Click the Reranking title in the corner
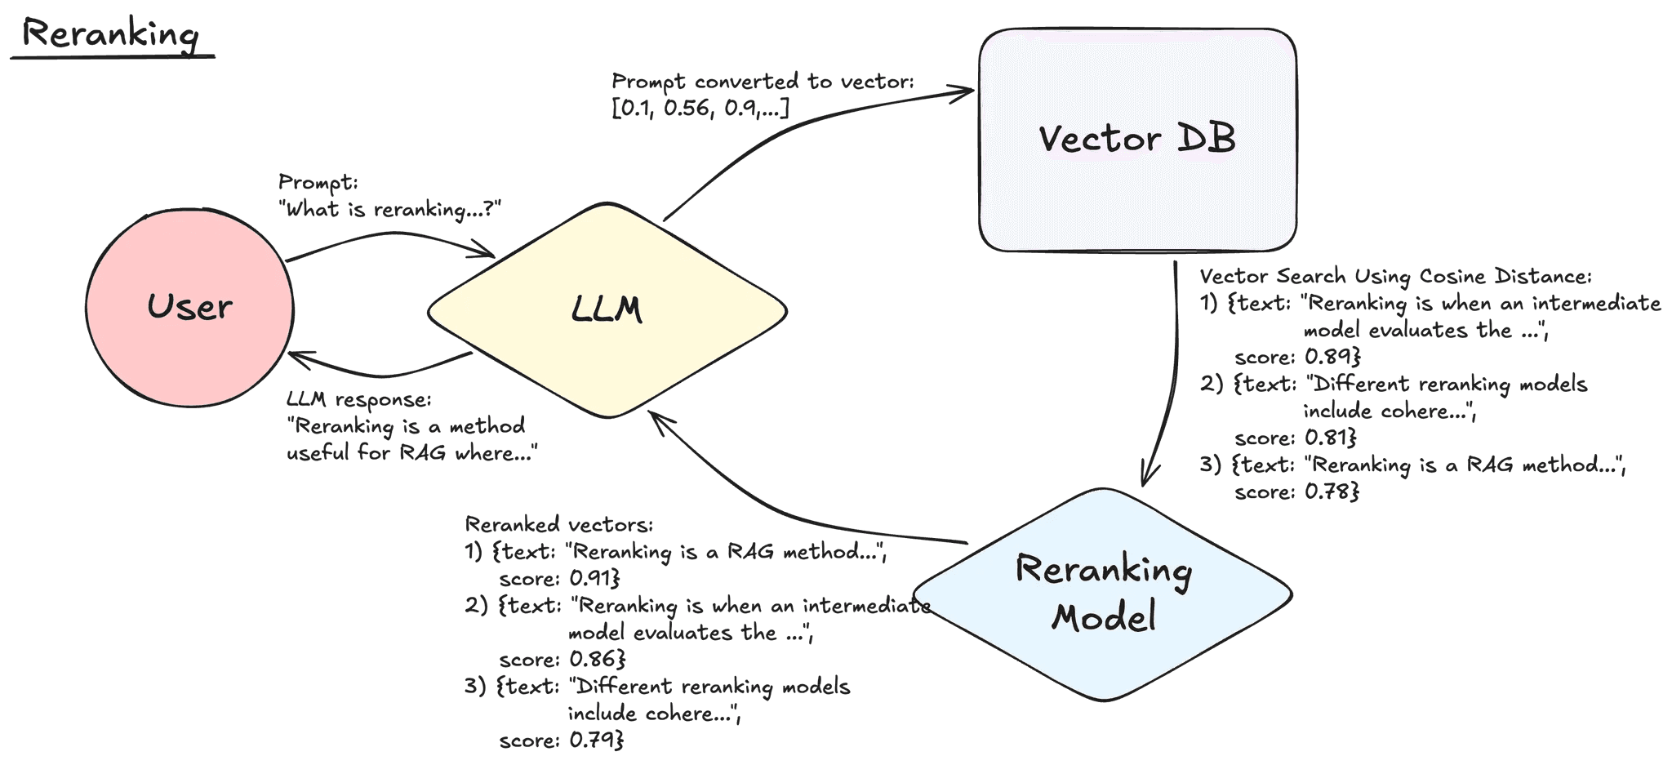(x=110, y=35)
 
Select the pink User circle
(x=189, y=308)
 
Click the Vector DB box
(x=1137, y=140)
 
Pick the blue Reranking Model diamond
(x=1102, y=594)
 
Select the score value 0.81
(x=1331, y=438)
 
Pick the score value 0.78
(x=1332, y=491)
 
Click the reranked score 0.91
(x=594, y=579)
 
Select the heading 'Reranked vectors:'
(x=559, y=524)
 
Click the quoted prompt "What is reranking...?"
(x=389, y=210)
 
